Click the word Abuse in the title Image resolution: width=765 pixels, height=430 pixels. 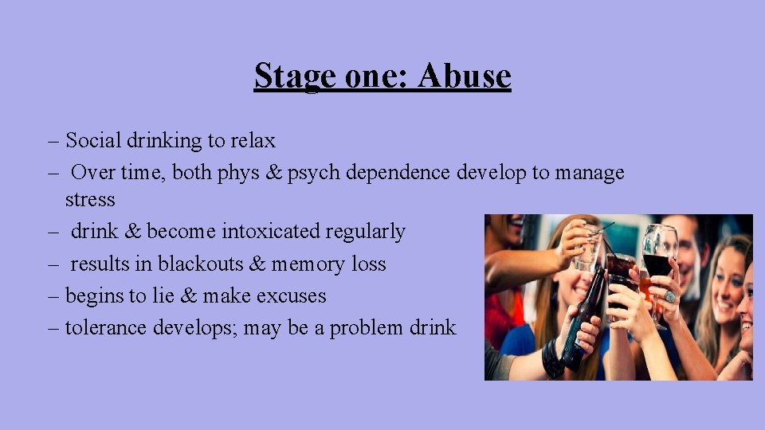[464, 76]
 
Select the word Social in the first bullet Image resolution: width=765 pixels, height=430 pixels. [89, 141]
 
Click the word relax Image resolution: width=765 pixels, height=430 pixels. [253, 141]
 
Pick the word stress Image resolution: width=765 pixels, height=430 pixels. [90, 199]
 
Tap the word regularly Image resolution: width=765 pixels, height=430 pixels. [366, 232]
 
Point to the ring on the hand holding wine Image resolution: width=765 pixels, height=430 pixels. [669, 296]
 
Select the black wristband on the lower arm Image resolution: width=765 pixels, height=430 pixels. [552, 358]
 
